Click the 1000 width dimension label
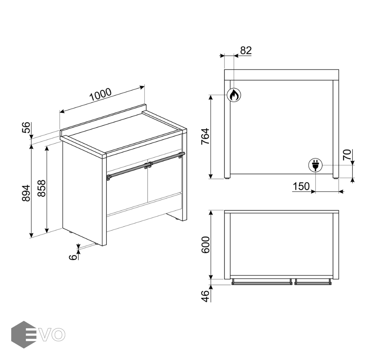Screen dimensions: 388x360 pos(100,94)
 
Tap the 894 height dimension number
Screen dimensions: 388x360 pos(26,193)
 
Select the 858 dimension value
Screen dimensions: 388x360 pos(42,188)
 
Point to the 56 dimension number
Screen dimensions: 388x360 pos(26,128)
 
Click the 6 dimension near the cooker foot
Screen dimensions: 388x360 pos(73,257)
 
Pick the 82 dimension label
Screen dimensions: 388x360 pos(246,50)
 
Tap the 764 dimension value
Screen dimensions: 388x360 pos(205,136)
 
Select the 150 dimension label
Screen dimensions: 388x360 pos(301,186)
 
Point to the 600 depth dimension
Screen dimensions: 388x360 pos(205,245)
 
